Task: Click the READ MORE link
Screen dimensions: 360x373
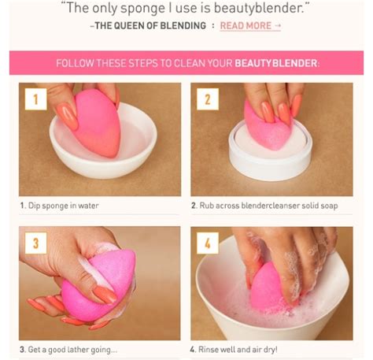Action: (x=250, y=25)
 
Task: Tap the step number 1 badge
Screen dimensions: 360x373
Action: (x=34, y=99)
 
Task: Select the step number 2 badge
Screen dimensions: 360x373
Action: (x=207, y=99)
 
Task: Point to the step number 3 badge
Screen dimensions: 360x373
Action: (x=34, y=243)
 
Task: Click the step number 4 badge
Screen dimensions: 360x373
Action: (x=207, y=243)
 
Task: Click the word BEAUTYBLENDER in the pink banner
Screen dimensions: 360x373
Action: (x=275, y=62)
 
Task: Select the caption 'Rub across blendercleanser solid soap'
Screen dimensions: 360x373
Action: (x=264, y=206)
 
